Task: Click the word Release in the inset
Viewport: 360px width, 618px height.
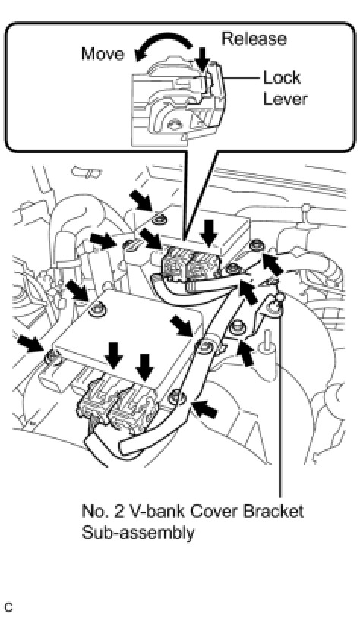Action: click(254, 39)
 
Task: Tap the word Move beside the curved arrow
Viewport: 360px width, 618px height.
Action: click(103, 54)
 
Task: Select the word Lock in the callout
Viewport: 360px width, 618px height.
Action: click(282, 77)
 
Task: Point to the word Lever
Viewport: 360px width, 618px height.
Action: click(285, 99)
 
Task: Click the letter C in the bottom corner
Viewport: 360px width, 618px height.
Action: click(8, 607)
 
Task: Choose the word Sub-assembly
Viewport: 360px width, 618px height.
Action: click(138, 533)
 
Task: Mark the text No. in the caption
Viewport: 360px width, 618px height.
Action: click(93, 511)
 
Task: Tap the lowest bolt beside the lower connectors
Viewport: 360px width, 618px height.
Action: click(175, 397)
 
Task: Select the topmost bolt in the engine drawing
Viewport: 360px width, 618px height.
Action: click(159, 219)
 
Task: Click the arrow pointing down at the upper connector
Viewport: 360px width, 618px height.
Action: click(208, 233)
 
